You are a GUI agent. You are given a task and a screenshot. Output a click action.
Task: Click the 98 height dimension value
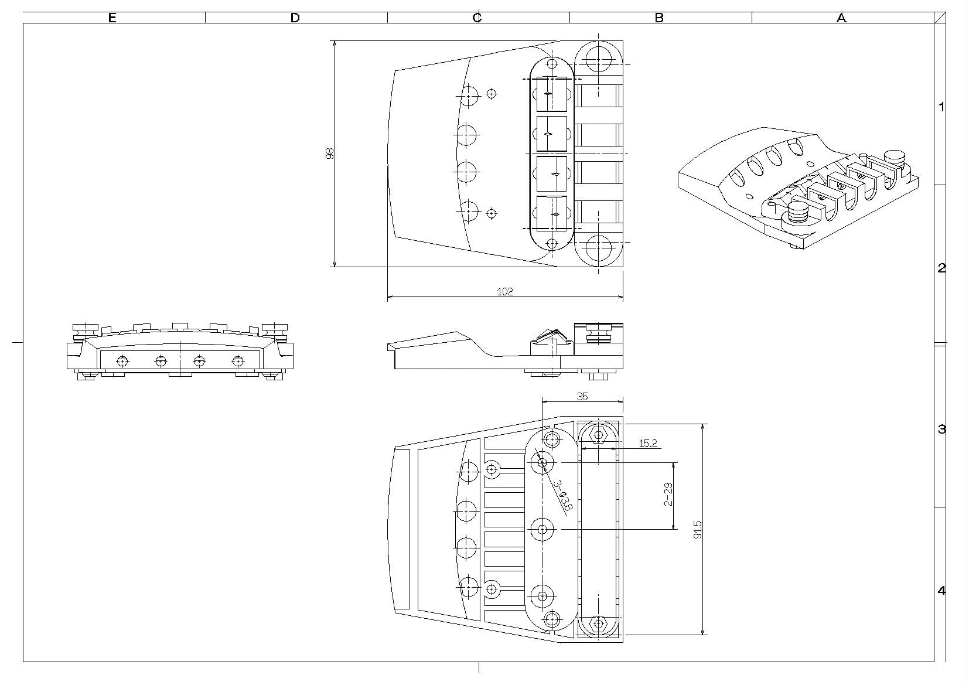pos(329,154)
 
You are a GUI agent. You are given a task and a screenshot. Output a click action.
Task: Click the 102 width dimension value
pos(504,291)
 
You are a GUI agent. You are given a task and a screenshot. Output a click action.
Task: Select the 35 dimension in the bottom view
pos(582,396)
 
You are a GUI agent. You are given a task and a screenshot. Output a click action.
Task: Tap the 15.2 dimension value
pos(647,444)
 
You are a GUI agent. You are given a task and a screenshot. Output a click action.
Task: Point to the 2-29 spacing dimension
pos(668,494)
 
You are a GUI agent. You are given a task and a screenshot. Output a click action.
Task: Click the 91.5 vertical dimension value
pos(697,529)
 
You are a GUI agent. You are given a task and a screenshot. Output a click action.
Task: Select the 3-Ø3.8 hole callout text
pos(562,495)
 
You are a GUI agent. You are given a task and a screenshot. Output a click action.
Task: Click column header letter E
pos(112,18)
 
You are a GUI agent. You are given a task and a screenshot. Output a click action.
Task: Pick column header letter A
pos(841,18)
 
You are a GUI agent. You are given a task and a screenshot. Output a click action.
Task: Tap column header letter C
pos(477,18)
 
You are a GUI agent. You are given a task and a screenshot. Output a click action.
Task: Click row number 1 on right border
pos(941,107)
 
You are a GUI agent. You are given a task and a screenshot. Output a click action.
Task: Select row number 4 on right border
pos(941,591)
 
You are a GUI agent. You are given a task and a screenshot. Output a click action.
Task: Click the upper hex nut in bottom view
pos(598,435)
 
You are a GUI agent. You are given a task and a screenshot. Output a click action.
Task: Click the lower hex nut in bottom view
pos(598,623)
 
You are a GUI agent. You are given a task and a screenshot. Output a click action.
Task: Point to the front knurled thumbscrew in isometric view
pos(798,212)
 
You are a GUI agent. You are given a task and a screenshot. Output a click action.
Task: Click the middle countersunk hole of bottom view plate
pos(542,530)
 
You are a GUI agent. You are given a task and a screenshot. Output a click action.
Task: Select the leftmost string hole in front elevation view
pos(122,361)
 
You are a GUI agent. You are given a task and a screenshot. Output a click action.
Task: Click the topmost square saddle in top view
pos(551,94)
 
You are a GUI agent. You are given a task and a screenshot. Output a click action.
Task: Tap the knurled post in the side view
pos(598,334)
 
